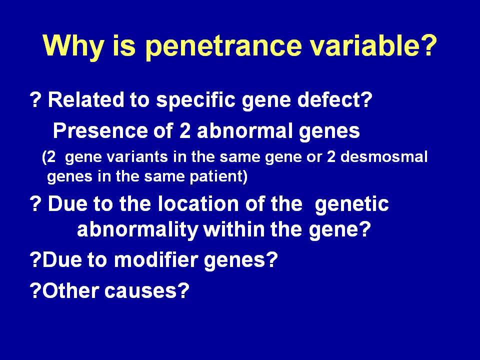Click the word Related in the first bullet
(x=86, y=99)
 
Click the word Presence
(x=100, y=130)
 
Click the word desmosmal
(x=384, y=156)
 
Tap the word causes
(x=140, y=291)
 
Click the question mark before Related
(x=35, y=99)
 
